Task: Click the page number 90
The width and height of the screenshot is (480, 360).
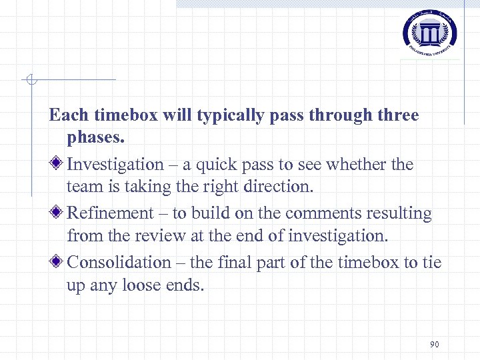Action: coord(434,344)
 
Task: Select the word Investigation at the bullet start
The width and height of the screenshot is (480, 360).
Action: coord(115,164)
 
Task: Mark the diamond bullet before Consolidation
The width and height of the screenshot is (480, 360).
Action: coord(58,262)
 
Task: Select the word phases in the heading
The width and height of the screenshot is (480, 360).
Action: coord(95,138)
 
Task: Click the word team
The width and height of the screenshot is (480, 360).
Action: coord(83,187)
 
